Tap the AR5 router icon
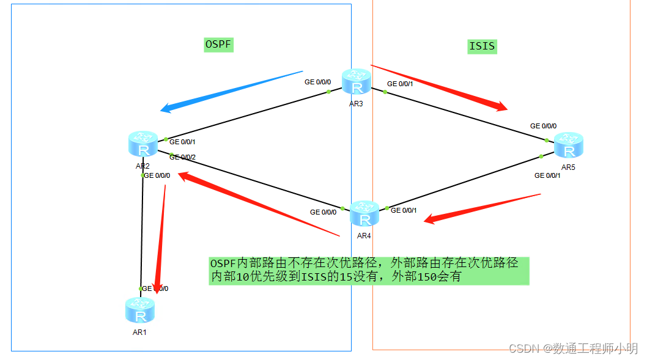tap(569, 145)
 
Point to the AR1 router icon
tap(140, 310)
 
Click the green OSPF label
tap(219, 45)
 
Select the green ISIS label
tap(482, 46)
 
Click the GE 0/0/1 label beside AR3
tap(400, 84)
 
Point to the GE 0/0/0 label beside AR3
tap(317, 82)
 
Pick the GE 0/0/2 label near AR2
tap(182, 157)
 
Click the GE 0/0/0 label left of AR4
tap(323, 212)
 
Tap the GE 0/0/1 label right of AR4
tap(404, 210)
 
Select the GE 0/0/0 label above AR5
tap(543, 126)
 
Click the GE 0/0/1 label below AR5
tap(547, 175)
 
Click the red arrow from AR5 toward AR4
tap(483, 208)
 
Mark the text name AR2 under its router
tap(142, 166)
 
